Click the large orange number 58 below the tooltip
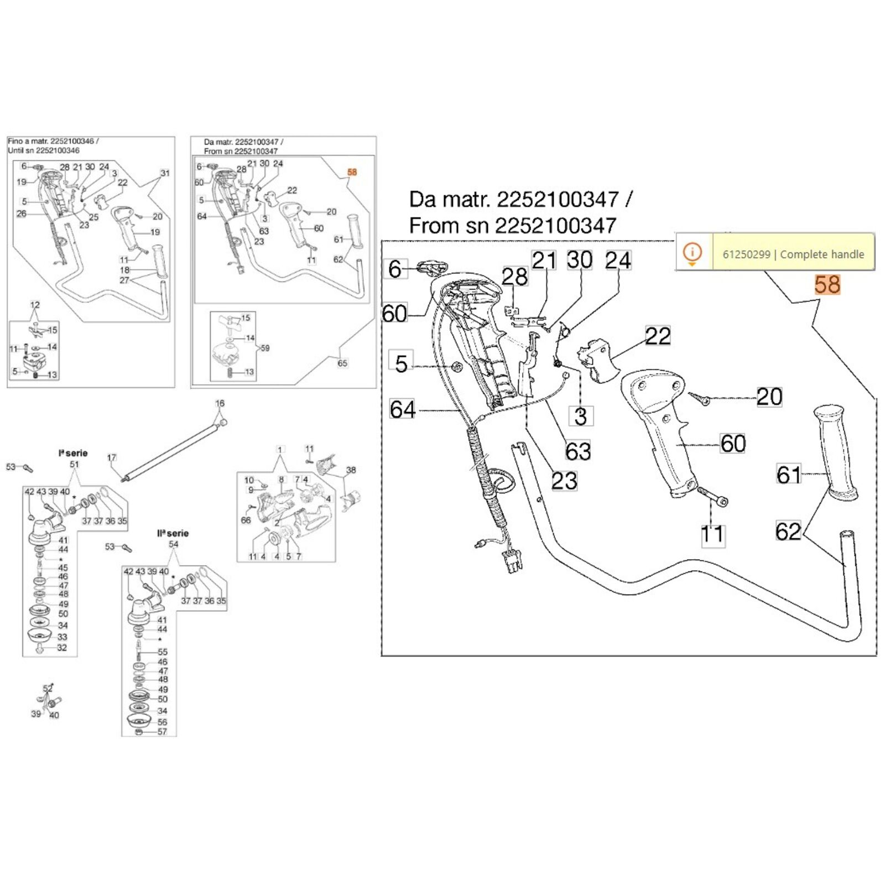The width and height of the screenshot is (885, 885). (x=827, y=285)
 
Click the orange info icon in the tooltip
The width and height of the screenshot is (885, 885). (x=692, y=253)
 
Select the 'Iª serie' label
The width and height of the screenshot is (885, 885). (x=73, y=453)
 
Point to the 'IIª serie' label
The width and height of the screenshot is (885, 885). (x=173, y=533)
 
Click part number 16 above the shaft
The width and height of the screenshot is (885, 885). (x=220, y=403)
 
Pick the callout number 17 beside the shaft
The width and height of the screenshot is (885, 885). (x=112, y=457)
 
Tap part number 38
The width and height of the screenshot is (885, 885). (x=351, y=470)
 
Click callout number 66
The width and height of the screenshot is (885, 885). (x=246, y=520)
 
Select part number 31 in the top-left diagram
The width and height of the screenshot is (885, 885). (x=165, y=173)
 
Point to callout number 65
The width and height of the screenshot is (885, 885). (x=342, y=363)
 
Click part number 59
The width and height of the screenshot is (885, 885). (x=265, y=348)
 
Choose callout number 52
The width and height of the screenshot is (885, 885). (x=48, y=689)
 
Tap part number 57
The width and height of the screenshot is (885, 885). (x=162, y=732)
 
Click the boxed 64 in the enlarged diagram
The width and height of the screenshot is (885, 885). (x=402, y=409)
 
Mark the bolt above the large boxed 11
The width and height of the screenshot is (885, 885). (x=714, y=496)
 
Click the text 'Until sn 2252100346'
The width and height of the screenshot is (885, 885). (x=44, y=150)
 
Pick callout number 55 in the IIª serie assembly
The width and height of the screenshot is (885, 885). (x=162, y=652)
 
